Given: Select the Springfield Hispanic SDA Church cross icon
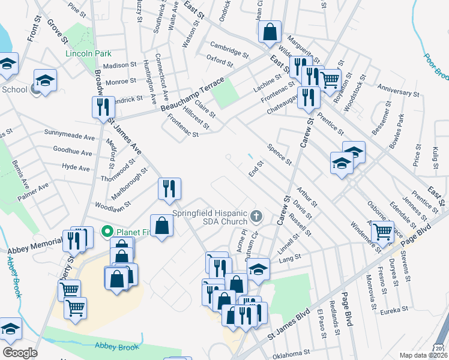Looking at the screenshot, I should (x=256, y=215).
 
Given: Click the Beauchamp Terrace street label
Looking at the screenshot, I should (x=192, y=94).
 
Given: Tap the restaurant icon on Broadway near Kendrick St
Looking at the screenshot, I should (x=101, y=107).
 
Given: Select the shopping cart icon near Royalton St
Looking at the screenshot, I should (x=330, y=79).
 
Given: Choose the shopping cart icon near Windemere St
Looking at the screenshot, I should (x=382, y=231).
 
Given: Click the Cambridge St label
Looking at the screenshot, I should (x=229, y=50).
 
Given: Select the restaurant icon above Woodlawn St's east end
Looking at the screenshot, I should (x=168, y=188).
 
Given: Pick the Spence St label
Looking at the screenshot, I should (x=279, y=154).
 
